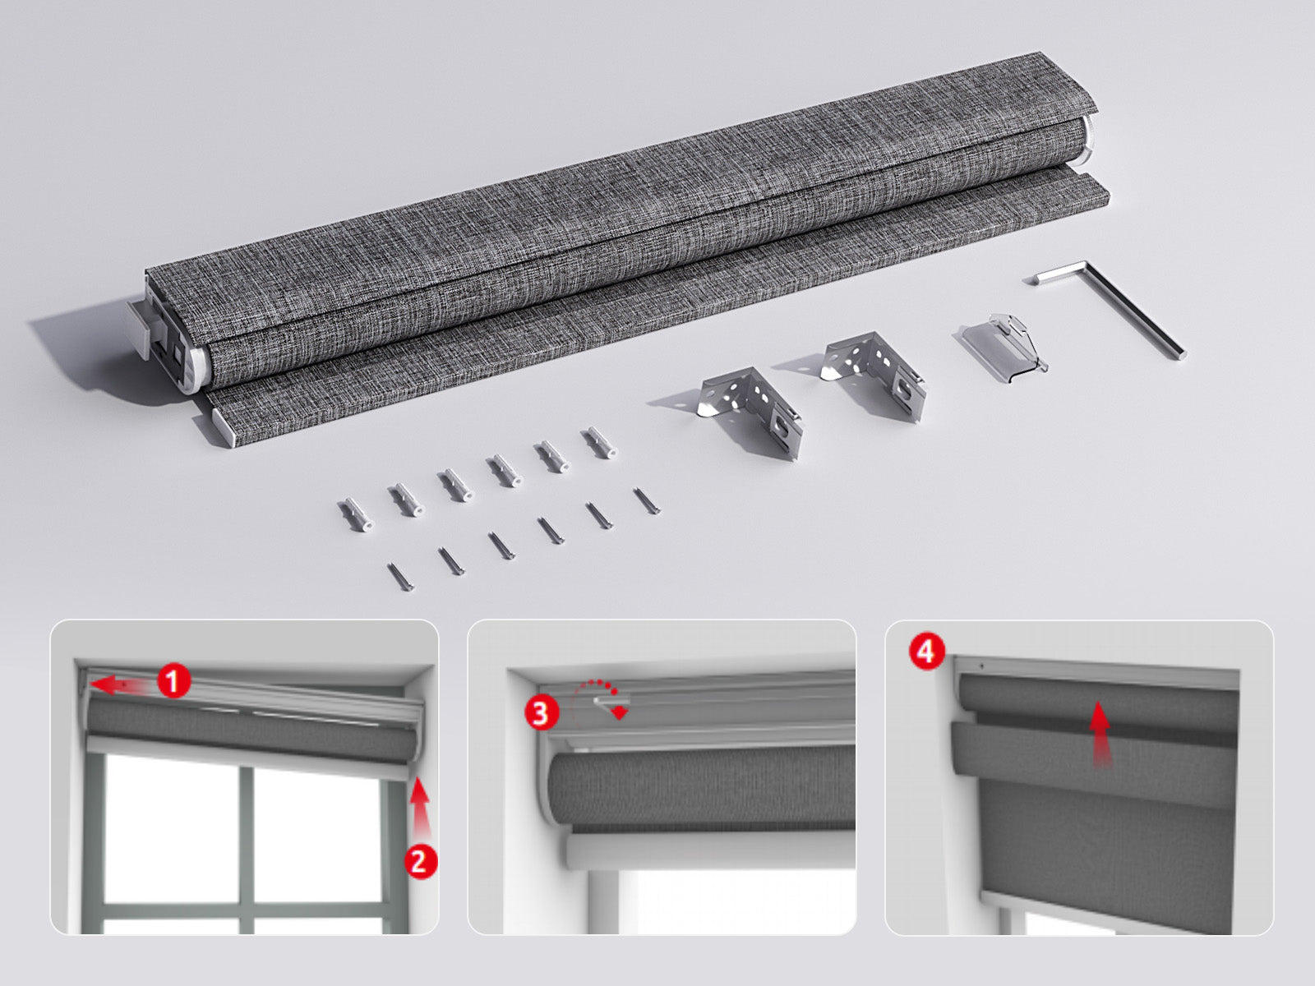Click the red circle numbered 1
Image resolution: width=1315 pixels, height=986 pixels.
pos(173,681)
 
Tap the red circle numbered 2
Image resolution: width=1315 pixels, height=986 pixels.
pos(420,861)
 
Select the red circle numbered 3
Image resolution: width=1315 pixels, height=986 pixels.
pos(541,712)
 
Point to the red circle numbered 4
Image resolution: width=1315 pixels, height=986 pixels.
pos(926,651)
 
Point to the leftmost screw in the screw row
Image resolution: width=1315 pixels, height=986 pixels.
pos(401,577)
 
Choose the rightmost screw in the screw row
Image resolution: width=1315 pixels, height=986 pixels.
pos(647,501)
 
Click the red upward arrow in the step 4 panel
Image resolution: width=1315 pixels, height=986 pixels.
pos(1100,735)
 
